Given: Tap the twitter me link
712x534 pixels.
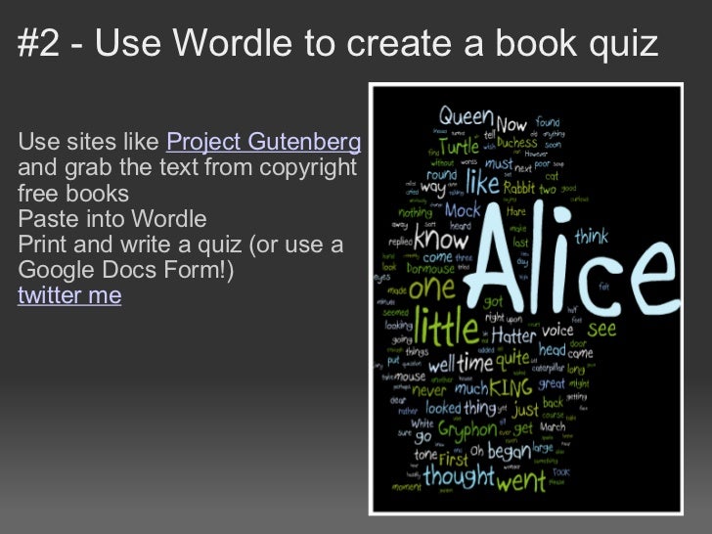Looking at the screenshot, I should coord(69,294).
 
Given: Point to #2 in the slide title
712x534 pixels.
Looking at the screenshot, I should coord(39,43).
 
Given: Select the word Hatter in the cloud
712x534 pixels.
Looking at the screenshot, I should coord(513,334).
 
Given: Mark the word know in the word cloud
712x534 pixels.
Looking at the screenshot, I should coord(441,238).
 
